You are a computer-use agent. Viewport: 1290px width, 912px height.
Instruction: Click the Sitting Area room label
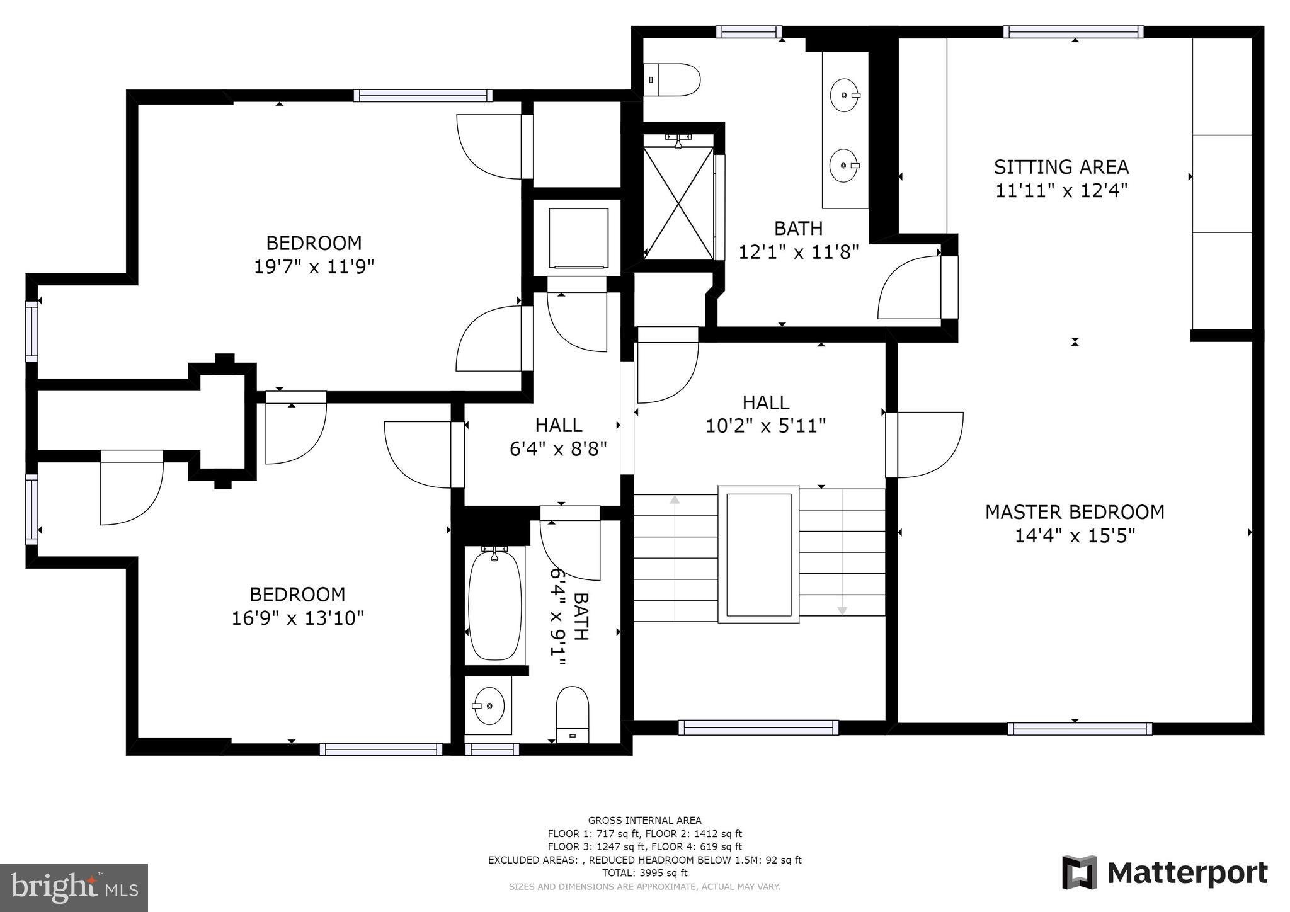(x=1061, y=167)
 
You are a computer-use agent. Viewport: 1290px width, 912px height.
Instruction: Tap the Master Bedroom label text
(x=1075, y=512)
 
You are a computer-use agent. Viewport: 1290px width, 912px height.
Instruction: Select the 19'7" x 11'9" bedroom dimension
(x=314, y=267)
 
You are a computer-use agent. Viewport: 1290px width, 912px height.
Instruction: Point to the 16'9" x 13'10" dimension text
(x=297, y=618)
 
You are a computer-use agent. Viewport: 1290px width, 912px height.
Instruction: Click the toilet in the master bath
(x=672, y=79)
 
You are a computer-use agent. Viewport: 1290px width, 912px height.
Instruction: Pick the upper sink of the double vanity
(x=845, y=95)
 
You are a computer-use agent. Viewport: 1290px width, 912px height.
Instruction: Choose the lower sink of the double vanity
(x=845, y=166)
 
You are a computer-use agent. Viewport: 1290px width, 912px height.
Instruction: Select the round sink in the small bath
(x=489, y=706)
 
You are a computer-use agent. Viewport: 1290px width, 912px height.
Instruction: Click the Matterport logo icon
(x=1080, y=872)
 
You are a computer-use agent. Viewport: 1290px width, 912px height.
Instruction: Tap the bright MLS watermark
(x=74, y=887)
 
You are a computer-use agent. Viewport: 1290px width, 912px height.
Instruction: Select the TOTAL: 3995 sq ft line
(x=645, y=873)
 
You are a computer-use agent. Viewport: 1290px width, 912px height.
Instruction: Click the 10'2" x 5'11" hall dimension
(x=765, y=426)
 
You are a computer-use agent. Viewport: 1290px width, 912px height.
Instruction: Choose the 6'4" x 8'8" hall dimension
(x=558, y=449)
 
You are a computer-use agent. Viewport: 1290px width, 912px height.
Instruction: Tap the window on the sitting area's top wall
(x=1073, y=32)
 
